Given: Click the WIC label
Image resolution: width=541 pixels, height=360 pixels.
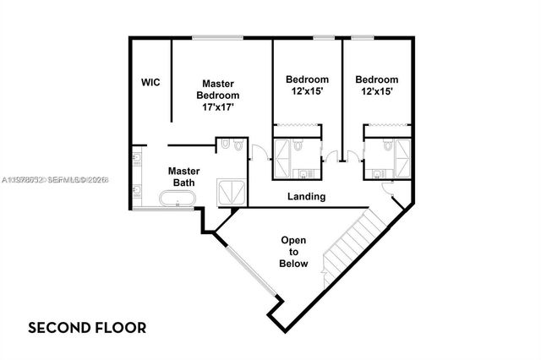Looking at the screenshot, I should click(x=150, y=83).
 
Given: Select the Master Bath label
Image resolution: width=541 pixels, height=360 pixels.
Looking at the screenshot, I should click(x=183, y=176).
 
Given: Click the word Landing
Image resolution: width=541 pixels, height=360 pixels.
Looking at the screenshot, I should click(x=306, y=197).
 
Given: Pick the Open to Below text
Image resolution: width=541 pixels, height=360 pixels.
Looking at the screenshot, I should click(x=294, y=252).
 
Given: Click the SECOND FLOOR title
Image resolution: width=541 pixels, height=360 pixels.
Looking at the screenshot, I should click(x=88, y=326).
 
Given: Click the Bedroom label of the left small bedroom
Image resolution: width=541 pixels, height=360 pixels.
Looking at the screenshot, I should click(x=306, y=79).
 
